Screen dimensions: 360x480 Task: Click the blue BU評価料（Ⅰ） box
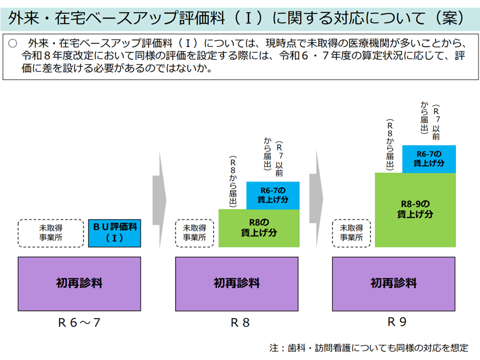(114, 233)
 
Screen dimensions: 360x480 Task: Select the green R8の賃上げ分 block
(258, 228)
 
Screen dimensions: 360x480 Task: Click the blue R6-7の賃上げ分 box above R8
(273, 195)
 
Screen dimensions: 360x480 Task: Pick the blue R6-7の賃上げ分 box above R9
(429, 158)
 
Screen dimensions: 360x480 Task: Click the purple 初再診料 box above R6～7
(79, 283)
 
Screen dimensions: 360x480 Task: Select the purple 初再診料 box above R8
(236, 283)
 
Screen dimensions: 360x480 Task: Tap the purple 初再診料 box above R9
(393, 283)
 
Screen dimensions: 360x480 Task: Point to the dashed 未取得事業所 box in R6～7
(51, 233)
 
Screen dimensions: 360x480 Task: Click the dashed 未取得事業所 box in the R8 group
(194, 233)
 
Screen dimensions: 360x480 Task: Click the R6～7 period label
(79, 322)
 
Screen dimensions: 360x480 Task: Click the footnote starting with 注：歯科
(369, 347)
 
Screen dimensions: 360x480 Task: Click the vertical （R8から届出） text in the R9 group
(390, 145)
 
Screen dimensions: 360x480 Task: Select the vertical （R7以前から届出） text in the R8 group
(273, 158)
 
